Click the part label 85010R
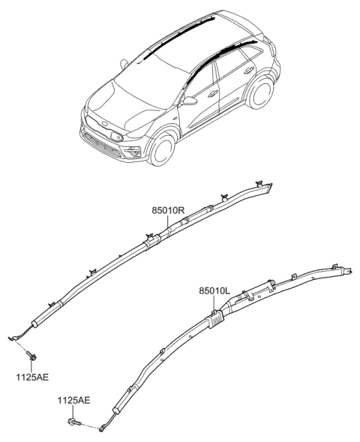168,210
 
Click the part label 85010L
214,291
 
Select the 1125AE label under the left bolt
32,377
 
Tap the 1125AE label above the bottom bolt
73,400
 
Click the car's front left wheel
162,149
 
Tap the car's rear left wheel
259,91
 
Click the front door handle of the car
213,94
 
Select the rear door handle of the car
249,71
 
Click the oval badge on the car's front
105,125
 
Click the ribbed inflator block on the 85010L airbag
216,320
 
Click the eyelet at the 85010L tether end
101,429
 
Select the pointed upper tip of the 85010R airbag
271,184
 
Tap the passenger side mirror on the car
124,64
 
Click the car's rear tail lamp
272,49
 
